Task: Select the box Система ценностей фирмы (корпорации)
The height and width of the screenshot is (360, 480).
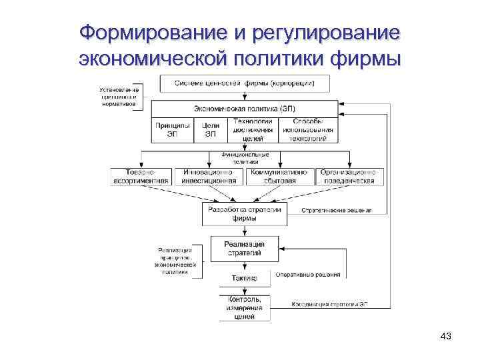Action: tap(245, 83)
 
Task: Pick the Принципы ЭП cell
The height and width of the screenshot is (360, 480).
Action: tap(172, 129)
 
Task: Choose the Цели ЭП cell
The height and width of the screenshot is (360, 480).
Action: tap(210, 129)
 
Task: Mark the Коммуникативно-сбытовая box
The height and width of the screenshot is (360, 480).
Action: tap(280, 176)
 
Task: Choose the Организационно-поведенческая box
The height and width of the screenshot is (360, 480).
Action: tap(351, 176)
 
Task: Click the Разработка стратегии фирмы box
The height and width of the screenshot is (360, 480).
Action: tap(245, 213)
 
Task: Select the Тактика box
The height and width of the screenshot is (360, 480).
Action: tap(245, 277)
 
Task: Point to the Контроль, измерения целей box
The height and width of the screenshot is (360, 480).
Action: tap(245, 308)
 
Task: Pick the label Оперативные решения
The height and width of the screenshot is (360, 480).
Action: tap(307, 274)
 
